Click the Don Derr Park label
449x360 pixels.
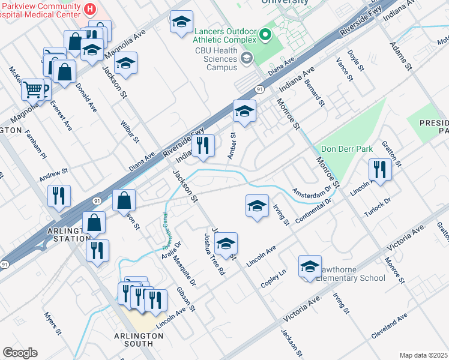tap(347, 149)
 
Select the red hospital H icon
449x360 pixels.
tap(90, 9)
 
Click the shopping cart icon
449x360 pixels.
tap(33, 90)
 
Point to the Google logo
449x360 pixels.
tap(20, 353)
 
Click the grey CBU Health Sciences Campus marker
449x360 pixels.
tap(246, 58)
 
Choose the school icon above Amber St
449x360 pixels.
tap(244, 111)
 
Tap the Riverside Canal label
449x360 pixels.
tap(169, 231)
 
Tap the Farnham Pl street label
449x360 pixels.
tap(35, 148)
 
